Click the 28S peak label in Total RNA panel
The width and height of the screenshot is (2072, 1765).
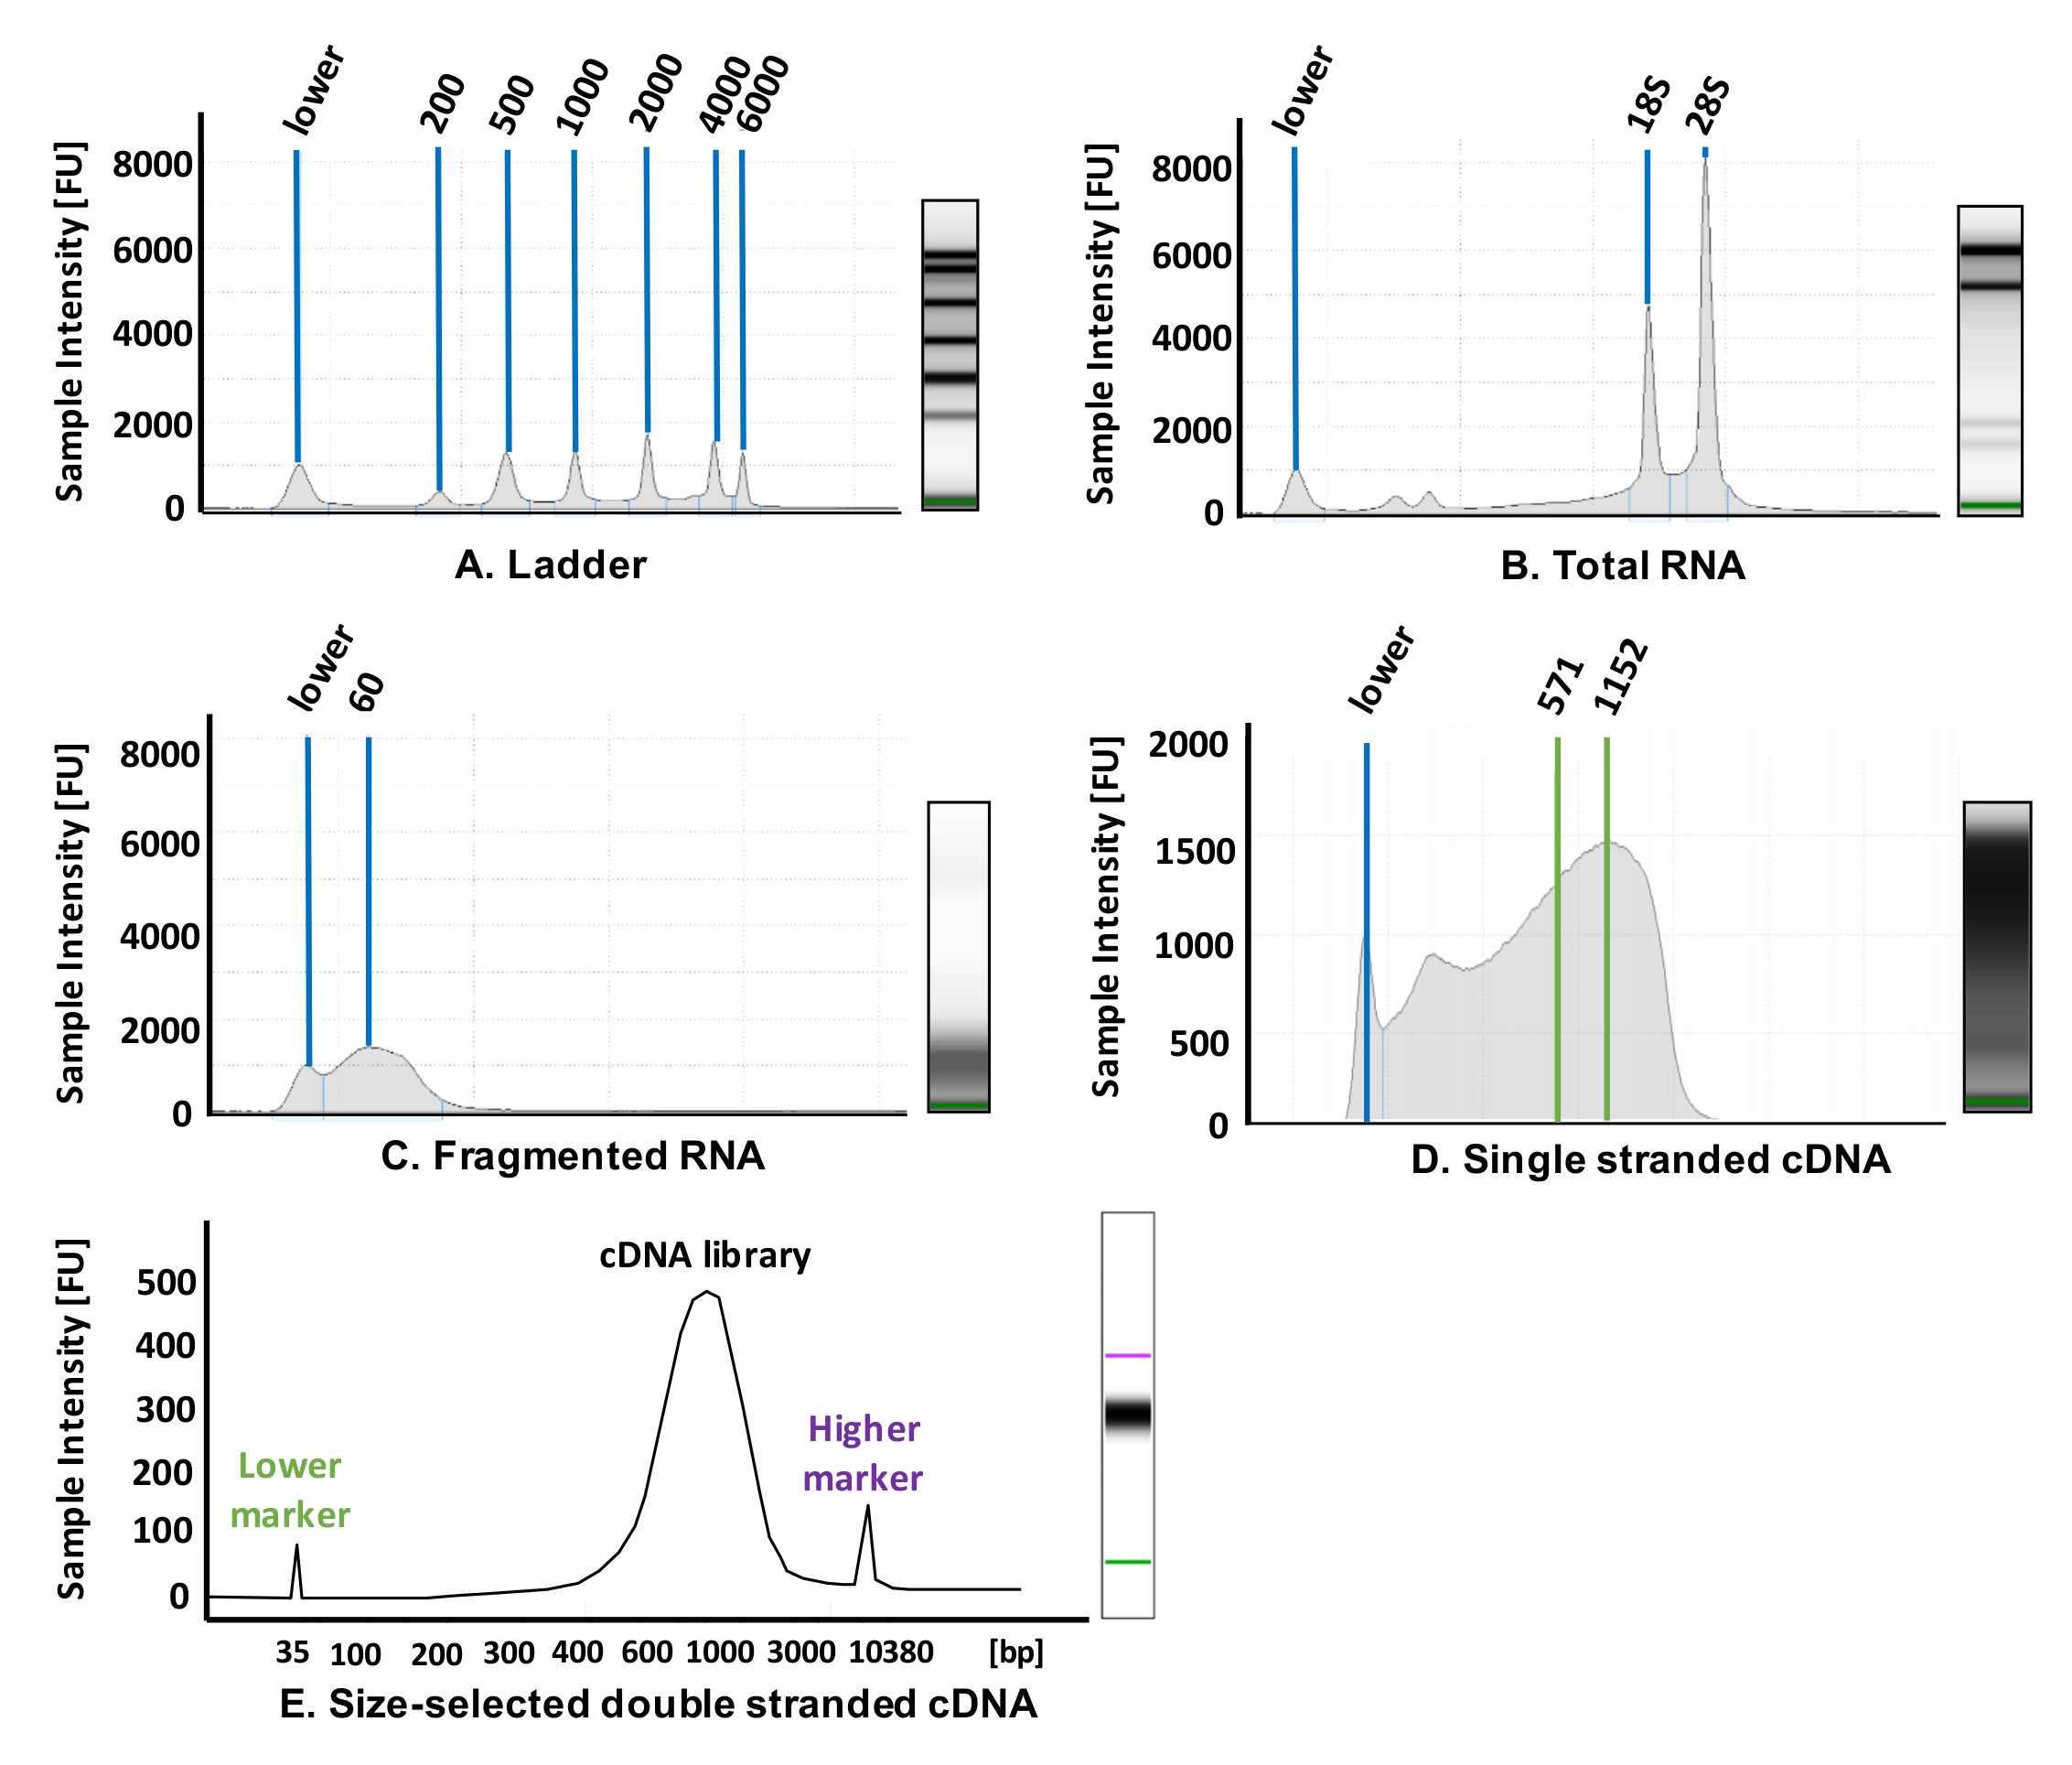point(1707,106)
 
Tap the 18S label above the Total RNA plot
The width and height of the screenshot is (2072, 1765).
point(1648,106)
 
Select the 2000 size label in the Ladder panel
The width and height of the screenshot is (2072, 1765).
point(655,92)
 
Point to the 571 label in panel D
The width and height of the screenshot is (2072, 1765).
point(1560,685)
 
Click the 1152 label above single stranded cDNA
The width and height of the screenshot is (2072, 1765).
point(1620,677)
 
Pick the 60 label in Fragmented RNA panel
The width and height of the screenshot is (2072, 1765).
point(367,692)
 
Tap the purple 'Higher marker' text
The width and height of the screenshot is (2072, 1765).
point(863,1453)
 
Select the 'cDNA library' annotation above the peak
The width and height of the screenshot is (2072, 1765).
point(705,1255)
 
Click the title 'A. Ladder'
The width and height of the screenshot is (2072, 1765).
point(550,565)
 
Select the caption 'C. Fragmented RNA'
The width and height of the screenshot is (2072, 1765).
point(573,1156)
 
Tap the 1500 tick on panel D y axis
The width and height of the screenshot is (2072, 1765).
point(1194,852)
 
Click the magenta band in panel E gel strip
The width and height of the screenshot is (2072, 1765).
point(1127,1356)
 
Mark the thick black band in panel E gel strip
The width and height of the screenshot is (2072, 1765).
point(1127,1415)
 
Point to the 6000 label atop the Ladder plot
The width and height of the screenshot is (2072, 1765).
point(764,94)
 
